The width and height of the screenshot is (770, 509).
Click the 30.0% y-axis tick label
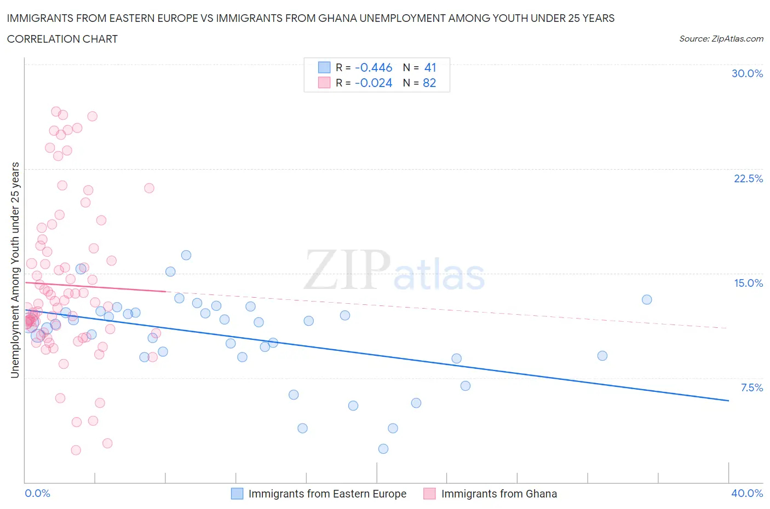pyautogui.click(x=747, y=73)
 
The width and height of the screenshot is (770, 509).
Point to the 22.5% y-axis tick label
pyautogui.click(x=748, y=178)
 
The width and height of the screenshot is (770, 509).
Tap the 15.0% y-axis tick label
pyautogui.click(x=748, y=283)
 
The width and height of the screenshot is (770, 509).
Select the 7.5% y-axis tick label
pyautogui.click(x=751, y=387)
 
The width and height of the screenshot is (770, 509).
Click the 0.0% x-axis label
pyautogui.click(x=37, y=493)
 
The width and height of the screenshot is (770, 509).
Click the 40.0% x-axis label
pyautogui.click(x=747, y=493)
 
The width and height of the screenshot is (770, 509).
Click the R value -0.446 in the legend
pyautogui.click(x=373, y=67)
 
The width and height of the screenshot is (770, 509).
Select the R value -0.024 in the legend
pyautogui.click(x=373, y=83)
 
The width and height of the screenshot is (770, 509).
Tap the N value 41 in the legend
pyautogui.click(x=430, y=67)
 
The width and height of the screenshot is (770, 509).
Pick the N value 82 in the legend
pyautogui.click(x=429, y=83)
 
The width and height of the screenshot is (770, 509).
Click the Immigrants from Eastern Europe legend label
pyautogui.click(x=327, y=494)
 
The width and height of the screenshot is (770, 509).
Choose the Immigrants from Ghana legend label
pyautogui.click(x=498, y=494)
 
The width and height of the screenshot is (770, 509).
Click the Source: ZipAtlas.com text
pyautogui.click(x=721, y=38)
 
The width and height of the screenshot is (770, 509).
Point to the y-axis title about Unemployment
pyautogui.click(x=15, y=270)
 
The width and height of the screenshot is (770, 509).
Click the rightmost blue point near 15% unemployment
pyautogui.click(x=647, y=299)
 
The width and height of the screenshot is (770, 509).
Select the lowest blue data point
pyautogui.click(x=383, y=449)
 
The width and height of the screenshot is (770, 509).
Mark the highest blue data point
pyautogui.click(x=186, y=255)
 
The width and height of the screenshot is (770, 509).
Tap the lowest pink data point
pyautogui.click(x=76, y=450)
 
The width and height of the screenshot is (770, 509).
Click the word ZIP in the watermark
pyautogui.click(x=347, y=269)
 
